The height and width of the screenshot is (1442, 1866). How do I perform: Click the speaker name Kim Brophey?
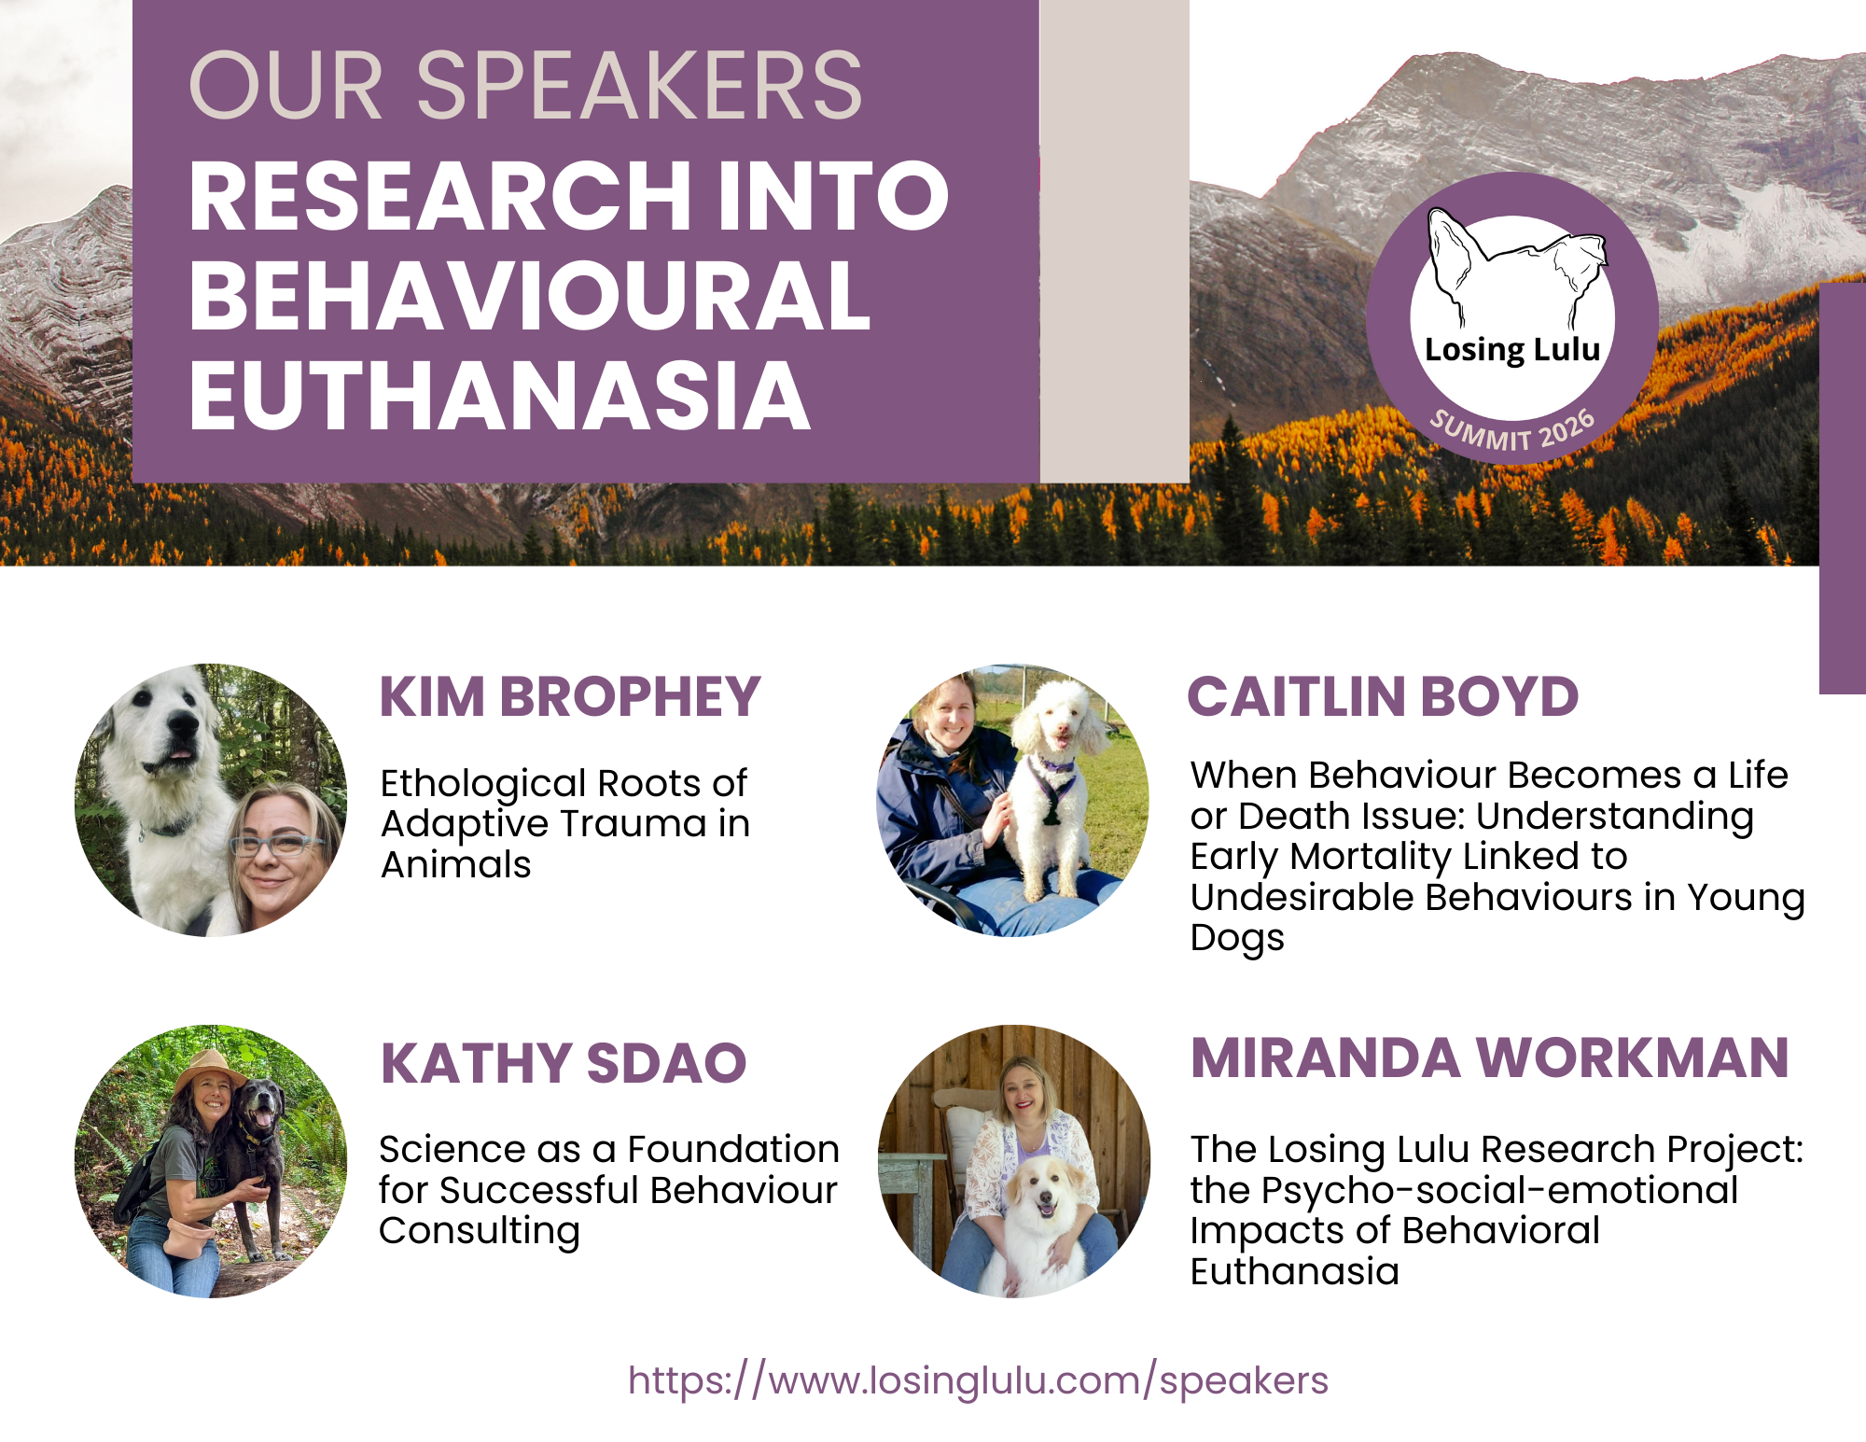point(570,696)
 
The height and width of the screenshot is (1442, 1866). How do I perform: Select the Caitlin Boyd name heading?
point(1383,696)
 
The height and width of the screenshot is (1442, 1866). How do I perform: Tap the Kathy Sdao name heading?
point(564,1063)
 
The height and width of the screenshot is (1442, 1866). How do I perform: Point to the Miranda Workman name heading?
point(1490,1057)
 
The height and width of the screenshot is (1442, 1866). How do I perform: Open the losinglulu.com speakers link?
point(978,1380)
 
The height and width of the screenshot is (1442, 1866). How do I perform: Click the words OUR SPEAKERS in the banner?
point(525,85)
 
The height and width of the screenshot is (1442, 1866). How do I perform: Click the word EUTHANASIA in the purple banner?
point(500,396)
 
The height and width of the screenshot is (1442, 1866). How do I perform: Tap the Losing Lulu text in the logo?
point(1512,350)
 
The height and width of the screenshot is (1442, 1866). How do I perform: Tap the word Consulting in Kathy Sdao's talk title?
point(480,1232)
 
